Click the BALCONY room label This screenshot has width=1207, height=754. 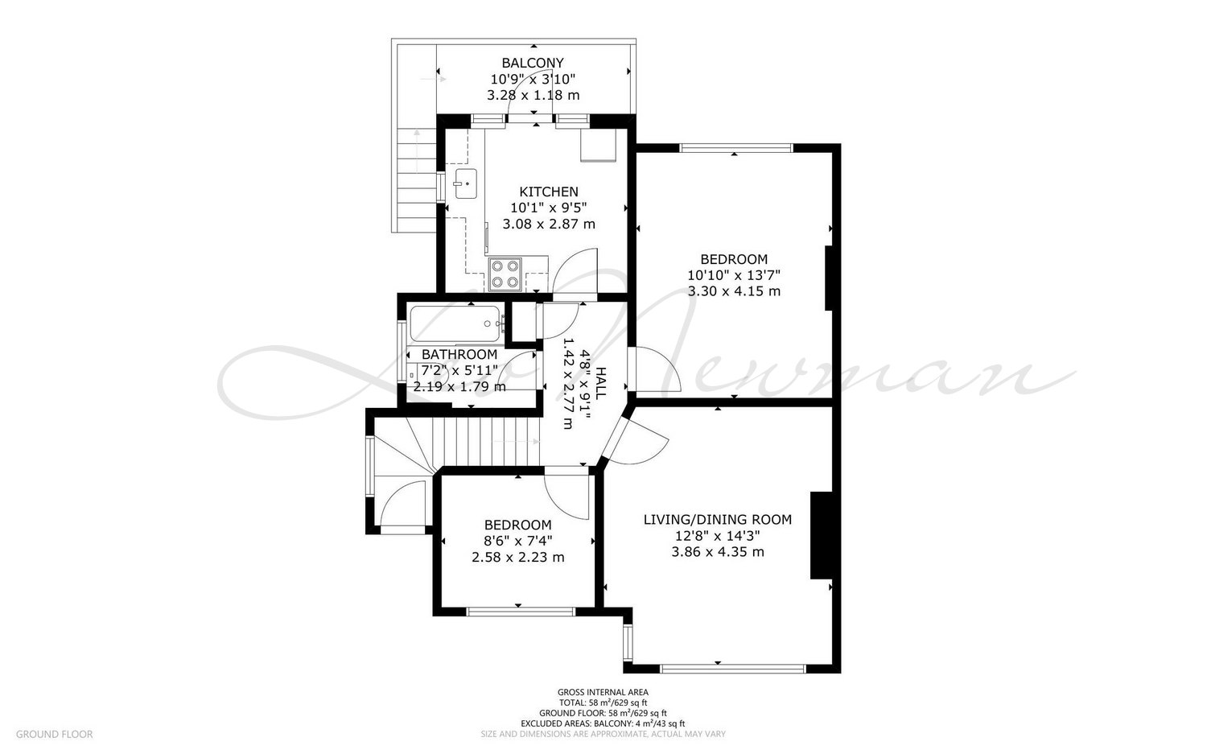click(x=533, y=63)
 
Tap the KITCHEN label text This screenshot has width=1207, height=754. click(x=549, y=192)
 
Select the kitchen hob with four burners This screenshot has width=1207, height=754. click(x=505, y=274)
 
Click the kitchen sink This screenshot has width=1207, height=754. click(x=466, y=183)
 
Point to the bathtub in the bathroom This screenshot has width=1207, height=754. click(x=455, y=324)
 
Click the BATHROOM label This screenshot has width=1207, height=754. click(x=459, y=355)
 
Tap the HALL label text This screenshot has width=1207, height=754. click(x=600, y=383)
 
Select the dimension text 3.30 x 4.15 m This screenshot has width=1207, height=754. click(x=734, y=291)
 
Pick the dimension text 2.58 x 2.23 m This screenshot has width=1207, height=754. click(x=518, y=558)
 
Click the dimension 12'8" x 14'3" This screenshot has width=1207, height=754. click(x=718, y=536)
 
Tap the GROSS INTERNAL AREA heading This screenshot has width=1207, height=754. click(x=603, y=693)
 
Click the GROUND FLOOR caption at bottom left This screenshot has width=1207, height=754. click(x=55, y=734)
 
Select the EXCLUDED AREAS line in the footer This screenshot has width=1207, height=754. click(x=603, y=723)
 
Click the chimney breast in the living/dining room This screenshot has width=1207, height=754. click(x=822, y=536)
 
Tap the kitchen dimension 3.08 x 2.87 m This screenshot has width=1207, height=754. click(x=549, y=225)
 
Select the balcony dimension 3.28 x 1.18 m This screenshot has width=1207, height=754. click(x=533, y=96)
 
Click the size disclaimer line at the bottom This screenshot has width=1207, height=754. click(x=603, y=734)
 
